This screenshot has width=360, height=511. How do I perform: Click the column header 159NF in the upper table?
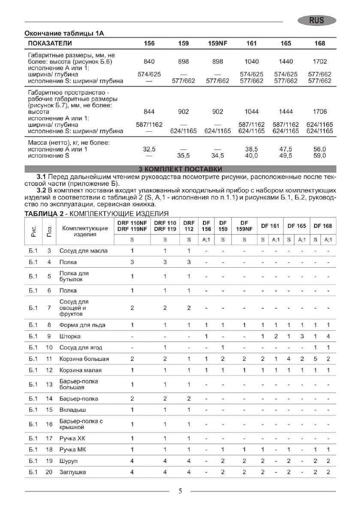(218, 43)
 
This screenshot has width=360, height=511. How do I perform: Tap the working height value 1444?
(286, 112)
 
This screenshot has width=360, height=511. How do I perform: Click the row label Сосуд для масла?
(83, 251)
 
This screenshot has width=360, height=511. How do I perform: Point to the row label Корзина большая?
(84, 359)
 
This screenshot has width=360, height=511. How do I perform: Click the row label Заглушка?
(73, 472)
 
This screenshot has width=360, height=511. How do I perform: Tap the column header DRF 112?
(189, 226)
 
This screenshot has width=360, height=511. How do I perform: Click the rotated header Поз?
(49, 232)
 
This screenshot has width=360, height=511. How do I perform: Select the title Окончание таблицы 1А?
(64, 33)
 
